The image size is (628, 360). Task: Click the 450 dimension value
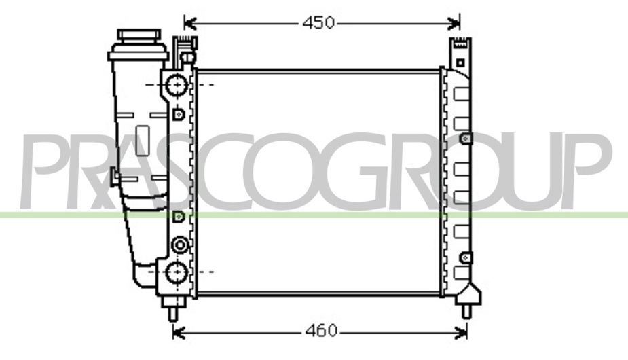click(318, 23)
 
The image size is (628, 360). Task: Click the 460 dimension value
click(321, 331)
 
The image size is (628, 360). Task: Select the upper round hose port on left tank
click(177, 85)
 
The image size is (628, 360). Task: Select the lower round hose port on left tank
click(177, 272)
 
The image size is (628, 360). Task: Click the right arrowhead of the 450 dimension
click(454, 23)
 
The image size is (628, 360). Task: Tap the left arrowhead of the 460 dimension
click(179, 331)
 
